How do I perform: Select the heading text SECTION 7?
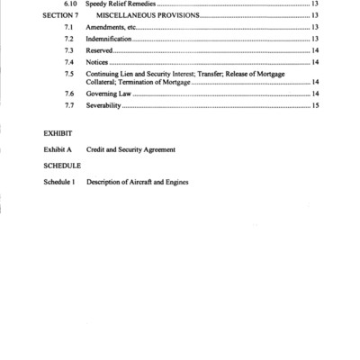coord(62,16)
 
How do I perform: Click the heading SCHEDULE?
coord(62,166)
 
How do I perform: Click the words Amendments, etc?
coord(111,28)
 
